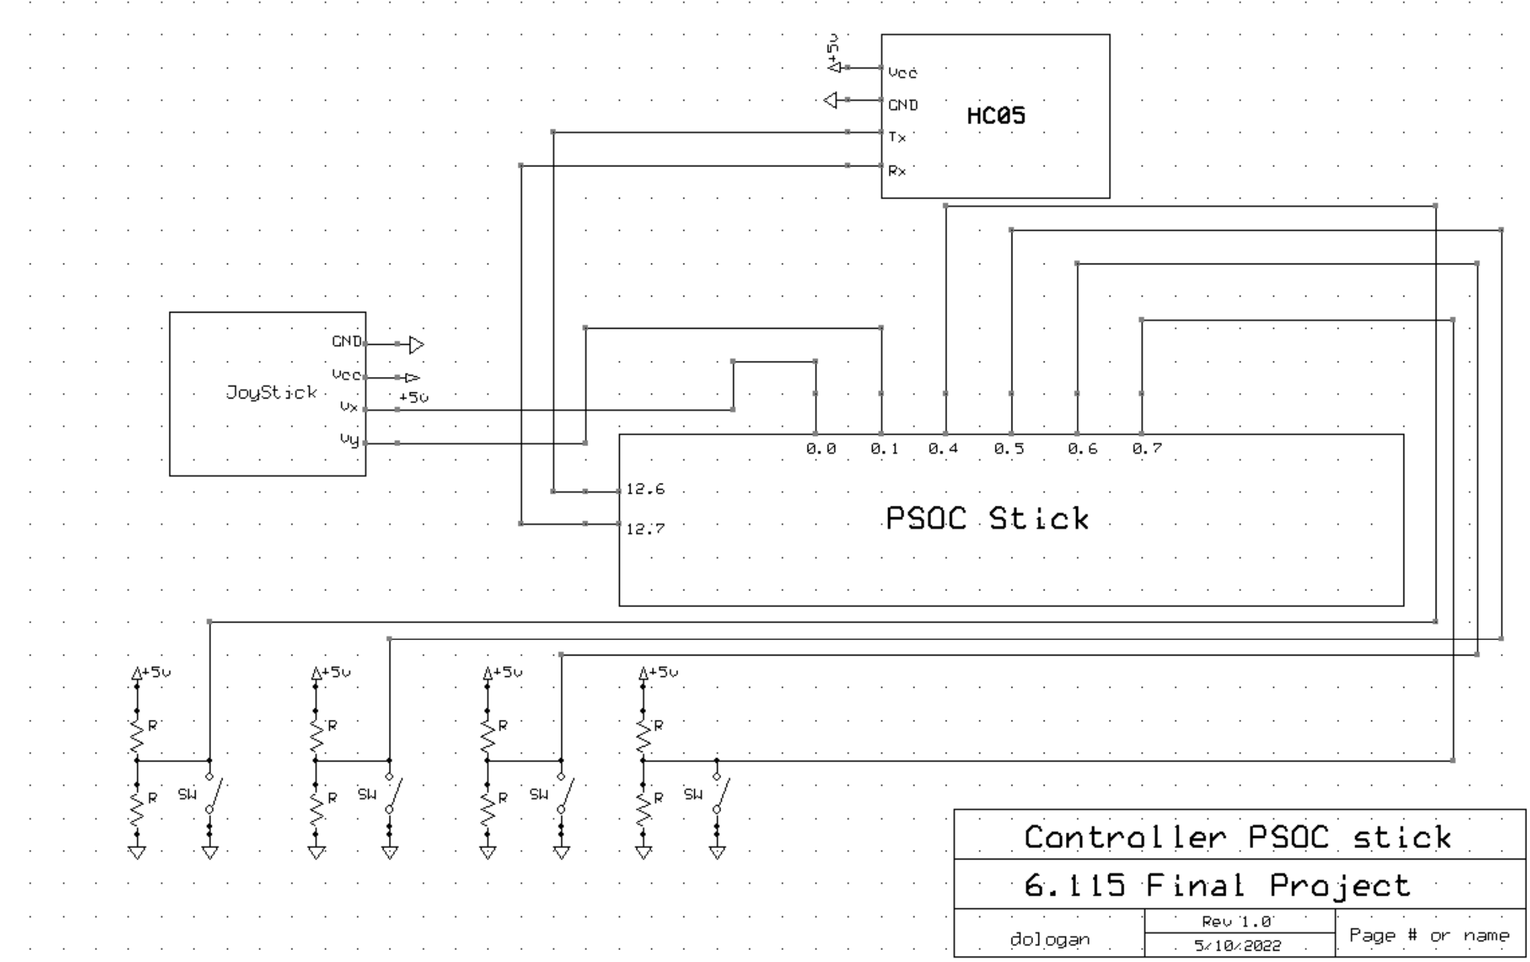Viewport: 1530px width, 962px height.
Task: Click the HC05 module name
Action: point(996,116)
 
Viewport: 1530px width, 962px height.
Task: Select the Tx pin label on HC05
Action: point(897,137)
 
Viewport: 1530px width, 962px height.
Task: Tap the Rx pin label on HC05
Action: point(897,171)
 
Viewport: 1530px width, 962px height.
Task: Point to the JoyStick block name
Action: point(271,392)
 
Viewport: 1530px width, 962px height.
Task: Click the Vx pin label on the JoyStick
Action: point(349,407)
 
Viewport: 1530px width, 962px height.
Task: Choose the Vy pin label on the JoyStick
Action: point(350,439)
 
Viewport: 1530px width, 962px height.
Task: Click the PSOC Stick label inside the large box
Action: point(987,518)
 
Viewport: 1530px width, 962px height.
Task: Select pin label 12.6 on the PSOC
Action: point(645,488)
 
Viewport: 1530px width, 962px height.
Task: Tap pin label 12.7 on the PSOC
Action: point(645,528)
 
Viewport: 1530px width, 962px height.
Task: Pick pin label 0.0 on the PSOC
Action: point(821,448)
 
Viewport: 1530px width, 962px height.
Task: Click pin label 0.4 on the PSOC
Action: point(943,448)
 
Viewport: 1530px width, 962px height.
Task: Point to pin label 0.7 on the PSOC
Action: point(1147,448)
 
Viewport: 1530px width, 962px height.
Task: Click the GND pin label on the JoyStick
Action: point(347,341)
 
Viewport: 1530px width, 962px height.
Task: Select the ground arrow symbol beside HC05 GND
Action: point(830,100)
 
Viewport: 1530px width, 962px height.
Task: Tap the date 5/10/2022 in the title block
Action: point(1238,945)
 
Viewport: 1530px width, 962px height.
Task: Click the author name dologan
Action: point(1050,939)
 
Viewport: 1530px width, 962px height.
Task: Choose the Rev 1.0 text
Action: point(1237,921)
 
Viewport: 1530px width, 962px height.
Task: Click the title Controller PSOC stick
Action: point(1238,836)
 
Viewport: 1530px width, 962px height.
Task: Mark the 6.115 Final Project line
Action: point(1217,885)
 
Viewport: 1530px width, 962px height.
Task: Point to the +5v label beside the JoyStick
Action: point(413,397)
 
